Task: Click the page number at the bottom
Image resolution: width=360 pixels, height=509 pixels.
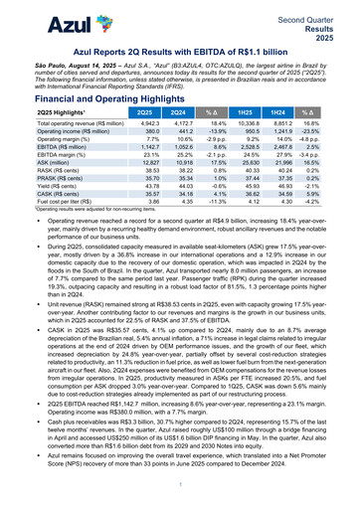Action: point(180,484)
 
